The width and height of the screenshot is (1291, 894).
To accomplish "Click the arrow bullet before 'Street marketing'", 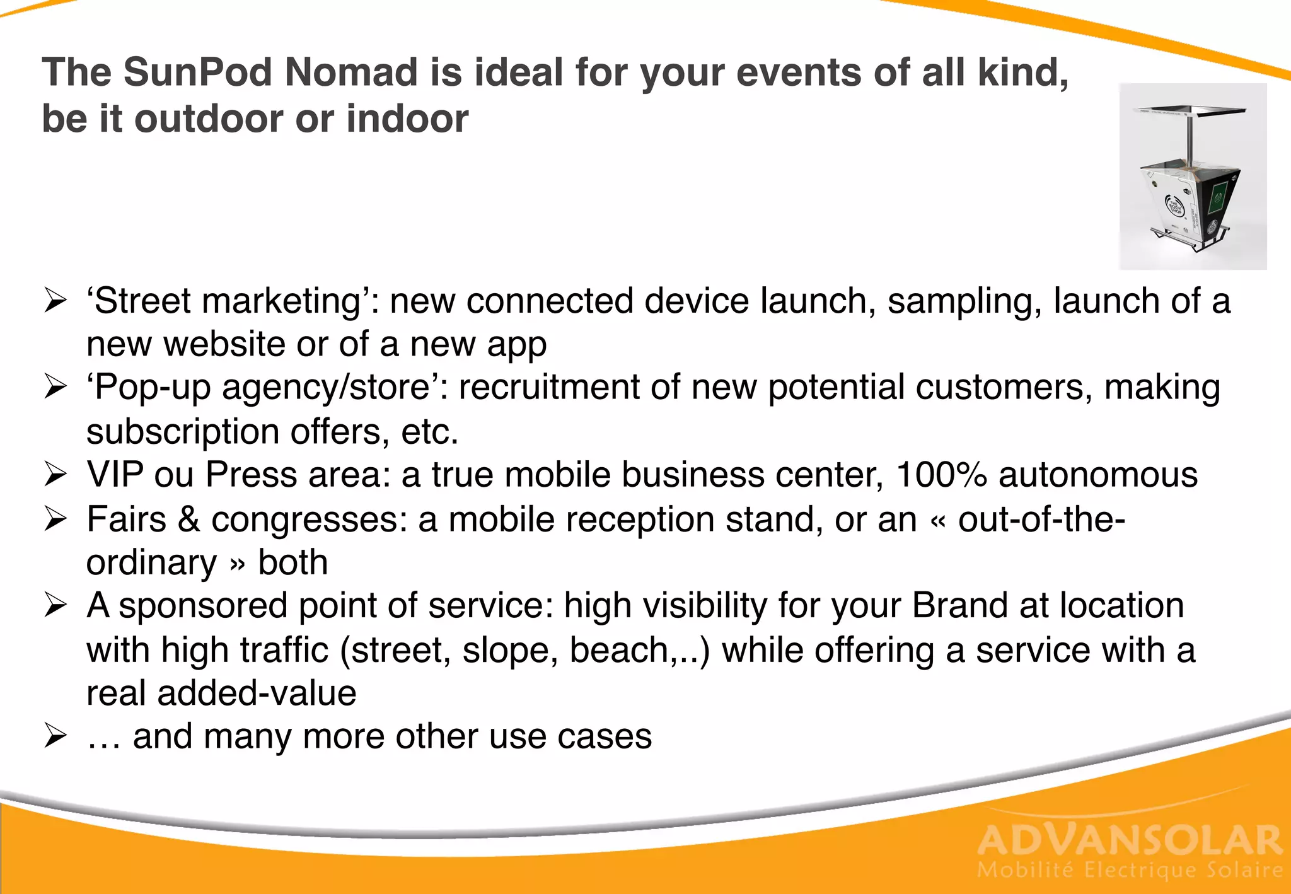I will pyautogui.click(x=55, y=301).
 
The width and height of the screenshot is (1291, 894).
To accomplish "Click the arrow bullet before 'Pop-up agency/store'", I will pyautogui.click(x=55, y=387).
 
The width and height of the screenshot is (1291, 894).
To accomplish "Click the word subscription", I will pyautogui.click(x=183, y=432).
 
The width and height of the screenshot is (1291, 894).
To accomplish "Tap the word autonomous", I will pyautogui.click(x=1098, y=475).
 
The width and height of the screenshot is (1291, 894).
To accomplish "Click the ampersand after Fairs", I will pyautogui.click(x=188, y=520).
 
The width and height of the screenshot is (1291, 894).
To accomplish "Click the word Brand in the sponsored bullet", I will pyautogui.click(x=959, y=606).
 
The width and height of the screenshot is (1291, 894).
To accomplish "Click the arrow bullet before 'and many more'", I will pyautogui.click(x=55, y=736).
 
